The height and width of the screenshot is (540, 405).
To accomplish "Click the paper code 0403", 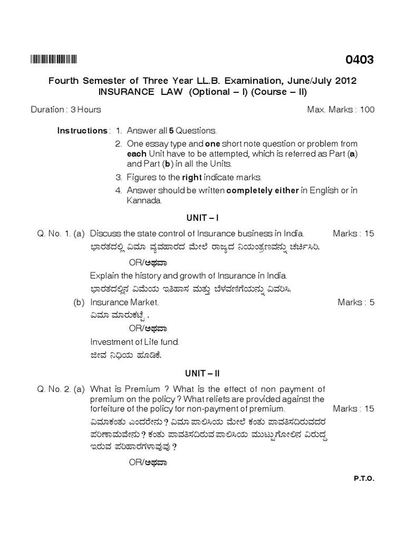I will click(x=359, y=60).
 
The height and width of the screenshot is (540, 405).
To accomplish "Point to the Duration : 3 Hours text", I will click(x=66, y=110).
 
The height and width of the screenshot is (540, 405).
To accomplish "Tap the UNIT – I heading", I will click(x=202, y=217).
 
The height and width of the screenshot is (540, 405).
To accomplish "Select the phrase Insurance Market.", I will click(x=124, y=303).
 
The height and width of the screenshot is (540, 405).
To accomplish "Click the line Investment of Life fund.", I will click(x=134, y=342).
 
